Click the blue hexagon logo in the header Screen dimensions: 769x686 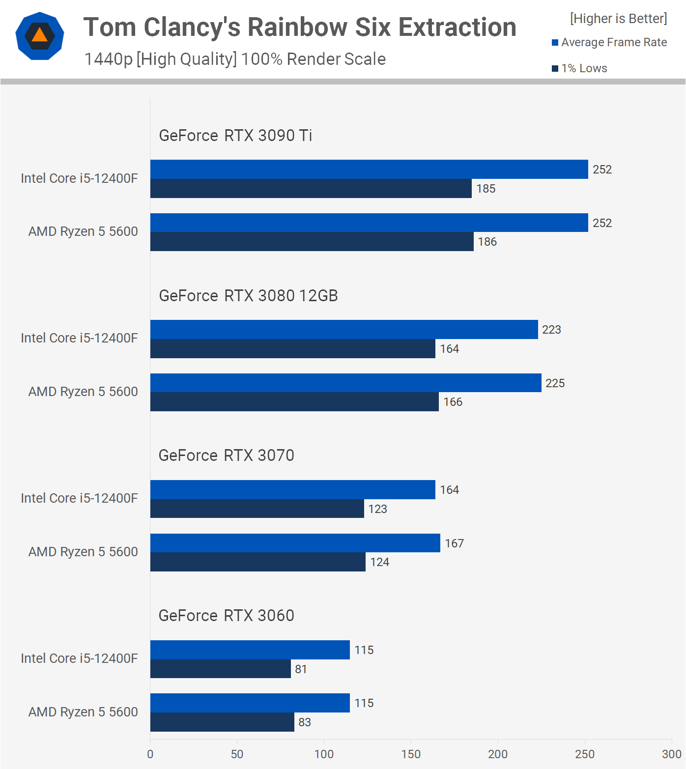(40, 36)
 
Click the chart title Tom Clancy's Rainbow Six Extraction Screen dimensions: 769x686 (300, 27)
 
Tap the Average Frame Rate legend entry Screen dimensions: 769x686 (609, 42)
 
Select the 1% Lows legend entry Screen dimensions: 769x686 (580, 68)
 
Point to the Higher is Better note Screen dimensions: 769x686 (618, 19)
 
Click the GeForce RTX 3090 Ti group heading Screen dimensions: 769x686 (235, 135)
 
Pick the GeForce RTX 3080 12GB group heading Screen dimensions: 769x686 (248, 295)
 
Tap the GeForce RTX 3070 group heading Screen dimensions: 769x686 (226, 456)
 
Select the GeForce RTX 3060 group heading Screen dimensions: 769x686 (226, 616)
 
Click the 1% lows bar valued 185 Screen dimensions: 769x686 (311, 189)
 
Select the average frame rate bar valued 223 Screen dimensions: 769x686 (344, 329)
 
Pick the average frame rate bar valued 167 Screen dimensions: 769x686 (295, 543)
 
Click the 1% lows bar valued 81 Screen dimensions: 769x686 (220, 669)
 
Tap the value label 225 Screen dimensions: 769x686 (555, 383)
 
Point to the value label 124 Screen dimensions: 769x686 (379, 562)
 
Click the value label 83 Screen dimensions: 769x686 (305, 722)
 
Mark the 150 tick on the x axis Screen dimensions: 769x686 (411, 754)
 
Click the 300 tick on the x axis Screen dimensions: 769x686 (671, 754)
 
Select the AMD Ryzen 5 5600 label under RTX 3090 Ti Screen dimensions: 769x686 (83, 231)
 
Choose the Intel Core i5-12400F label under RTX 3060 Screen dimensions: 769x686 (79, 658)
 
